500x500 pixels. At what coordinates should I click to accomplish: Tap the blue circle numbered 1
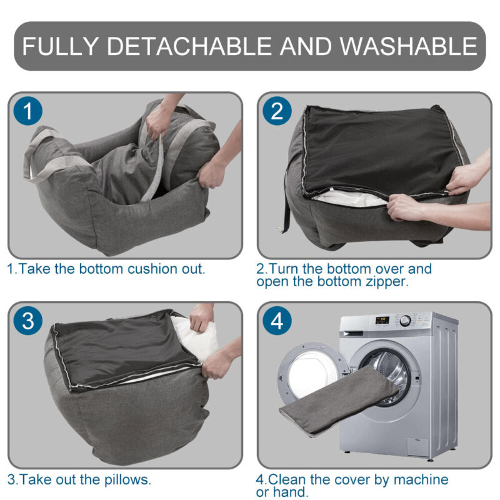(x=27, y=112)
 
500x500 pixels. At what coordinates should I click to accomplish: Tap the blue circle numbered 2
(x=277, y=112)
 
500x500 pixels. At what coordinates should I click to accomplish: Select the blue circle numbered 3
(x=27, y=322)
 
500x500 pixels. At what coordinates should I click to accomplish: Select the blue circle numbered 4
(x=277, y=322)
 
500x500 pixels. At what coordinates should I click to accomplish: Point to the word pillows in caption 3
(x=127, y=480)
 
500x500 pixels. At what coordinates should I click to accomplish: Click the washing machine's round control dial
(x=405, y=321)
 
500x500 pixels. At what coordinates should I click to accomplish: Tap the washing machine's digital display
(x=382, y=320)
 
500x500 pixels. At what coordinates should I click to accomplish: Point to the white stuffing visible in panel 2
(x=350, y=199)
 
